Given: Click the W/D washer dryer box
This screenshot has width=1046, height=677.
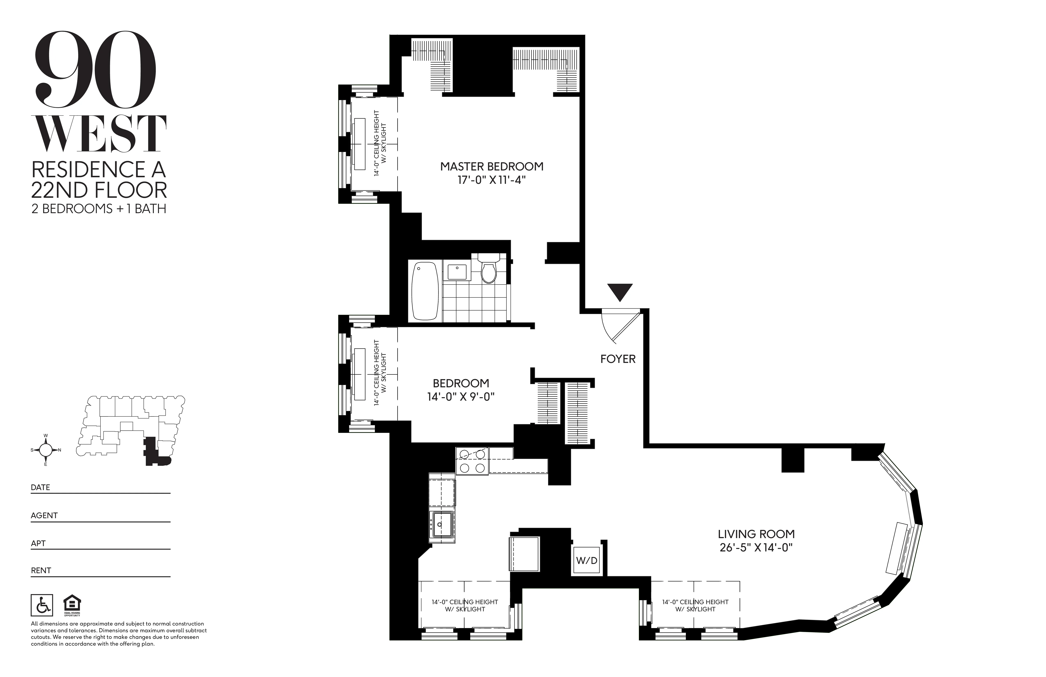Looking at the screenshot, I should pos(587,560).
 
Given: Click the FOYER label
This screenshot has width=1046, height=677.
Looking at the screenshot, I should pos(618,359).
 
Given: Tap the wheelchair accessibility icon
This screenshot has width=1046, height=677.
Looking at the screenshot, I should pos(42,605).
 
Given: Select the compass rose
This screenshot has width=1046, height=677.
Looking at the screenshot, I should pos(46,450).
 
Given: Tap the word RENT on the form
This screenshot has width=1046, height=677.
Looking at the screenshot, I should pos(41,571).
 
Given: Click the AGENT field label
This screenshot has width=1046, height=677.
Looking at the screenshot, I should pos(44,515).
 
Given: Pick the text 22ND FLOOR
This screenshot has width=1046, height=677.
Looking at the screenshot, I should pos(99,190).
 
